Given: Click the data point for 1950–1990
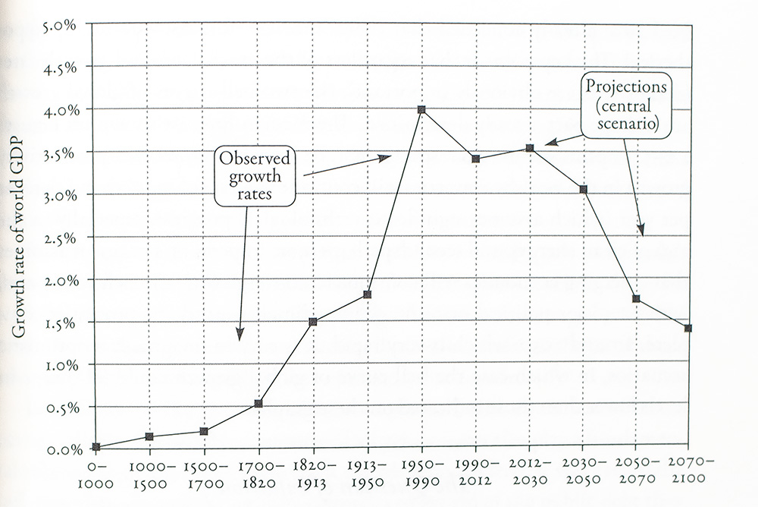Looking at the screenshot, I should tap(421, 110).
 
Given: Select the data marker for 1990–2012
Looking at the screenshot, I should tap(475, 159).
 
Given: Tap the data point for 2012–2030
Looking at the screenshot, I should tap(530, 148).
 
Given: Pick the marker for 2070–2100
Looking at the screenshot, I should tap(688, 329).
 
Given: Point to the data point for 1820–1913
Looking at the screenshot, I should tap(312, 322).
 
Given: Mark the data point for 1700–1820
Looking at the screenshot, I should tap(258, 404).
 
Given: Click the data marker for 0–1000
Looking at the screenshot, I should tap(96, 447).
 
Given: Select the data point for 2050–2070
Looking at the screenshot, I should tap(636, 299).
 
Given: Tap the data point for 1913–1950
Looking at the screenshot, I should tap(368, 294).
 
